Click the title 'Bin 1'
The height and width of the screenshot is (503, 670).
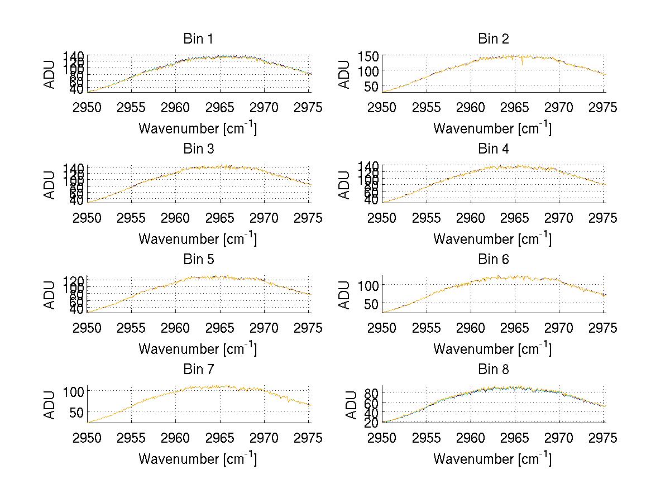pyautogui.click(x=198, y=39)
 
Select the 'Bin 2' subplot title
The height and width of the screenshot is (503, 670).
pyautogui.click(x=493, y=39)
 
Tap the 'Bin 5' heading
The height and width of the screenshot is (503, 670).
pyautogui.click(x=198, y=260)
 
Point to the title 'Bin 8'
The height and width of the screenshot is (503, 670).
pyautogui.click(x=493, y=370)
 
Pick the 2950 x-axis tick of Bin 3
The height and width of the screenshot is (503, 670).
pyautogui.click(x=88, y=218)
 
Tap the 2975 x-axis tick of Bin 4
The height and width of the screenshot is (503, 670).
pyautogui.click(x=603, y=218)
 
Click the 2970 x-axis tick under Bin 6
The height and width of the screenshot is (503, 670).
pyautogui.click(x=559, y=328)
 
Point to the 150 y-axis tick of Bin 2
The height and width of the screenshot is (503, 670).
pyautogui.click(x=372, y=56)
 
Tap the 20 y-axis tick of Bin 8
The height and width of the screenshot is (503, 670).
pyautogui.click(x=372, y=423)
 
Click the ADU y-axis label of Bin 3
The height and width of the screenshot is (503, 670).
pyautogui.click(x=50, y=184)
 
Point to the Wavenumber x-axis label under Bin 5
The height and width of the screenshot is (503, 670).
pyautogui.click(x=198, y=349)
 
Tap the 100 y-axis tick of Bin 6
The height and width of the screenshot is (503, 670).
pyautogui.click(x=369, y=285)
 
